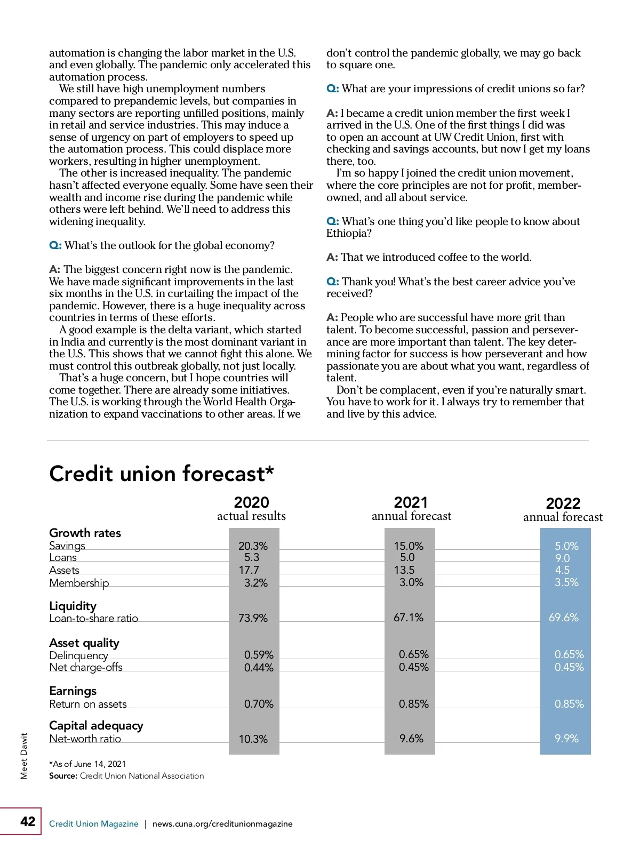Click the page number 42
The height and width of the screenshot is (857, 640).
[28, 821]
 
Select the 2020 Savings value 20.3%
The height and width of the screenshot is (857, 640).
[253, 546]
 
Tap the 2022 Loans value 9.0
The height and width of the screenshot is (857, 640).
[562, 558]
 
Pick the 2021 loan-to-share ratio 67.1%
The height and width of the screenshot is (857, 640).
[408, 618]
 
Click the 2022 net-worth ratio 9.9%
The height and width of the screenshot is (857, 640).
[566, 739]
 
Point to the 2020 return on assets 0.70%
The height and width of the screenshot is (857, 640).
[259, 704]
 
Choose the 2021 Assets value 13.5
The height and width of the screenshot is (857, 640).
[404, 570]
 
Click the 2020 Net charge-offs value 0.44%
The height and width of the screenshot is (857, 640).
[259, 668]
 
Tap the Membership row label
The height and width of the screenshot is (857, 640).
[79, 583]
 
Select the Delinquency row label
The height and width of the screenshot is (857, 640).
[78, 655]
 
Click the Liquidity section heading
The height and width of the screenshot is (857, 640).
[73, 606]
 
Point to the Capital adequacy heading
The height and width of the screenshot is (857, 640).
[96, 725]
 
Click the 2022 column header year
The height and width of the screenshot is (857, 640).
[563, 503]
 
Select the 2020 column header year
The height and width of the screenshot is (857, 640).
[251, 502]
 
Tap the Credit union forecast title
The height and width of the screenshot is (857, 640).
[162, 474]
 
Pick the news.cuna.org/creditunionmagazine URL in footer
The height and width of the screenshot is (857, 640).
[222, 823]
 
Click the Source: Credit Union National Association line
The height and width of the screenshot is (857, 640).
[126, 776]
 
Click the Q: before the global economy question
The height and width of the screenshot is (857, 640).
[55, 246]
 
